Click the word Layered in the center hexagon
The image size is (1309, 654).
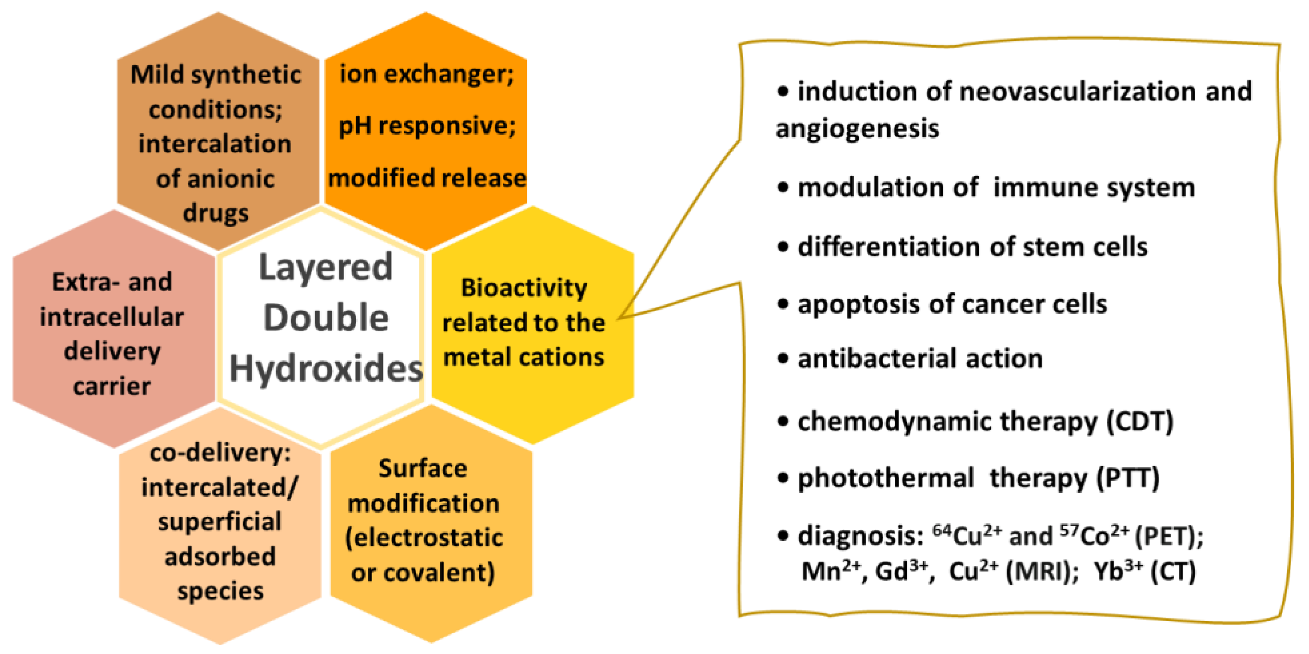(325, 268)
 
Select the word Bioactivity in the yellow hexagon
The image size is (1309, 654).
(524, 288)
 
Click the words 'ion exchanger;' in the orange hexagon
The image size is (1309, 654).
(426, 74)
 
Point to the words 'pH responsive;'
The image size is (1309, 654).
(427, 126)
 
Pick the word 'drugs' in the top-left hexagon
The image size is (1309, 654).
(215, 212)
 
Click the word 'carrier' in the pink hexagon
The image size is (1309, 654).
(112, 386)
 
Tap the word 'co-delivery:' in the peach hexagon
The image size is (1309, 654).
(220, 452)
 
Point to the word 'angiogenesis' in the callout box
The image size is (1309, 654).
(857, 128)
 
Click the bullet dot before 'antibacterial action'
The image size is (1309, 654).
(783, 359)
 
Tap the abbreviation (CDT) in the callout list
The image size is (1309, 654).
(1140, 422)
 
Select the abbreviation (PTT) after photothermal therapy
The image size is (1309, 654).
(1128, 479)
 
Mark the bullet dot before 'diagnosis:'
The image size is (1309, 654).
(783, 536)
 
